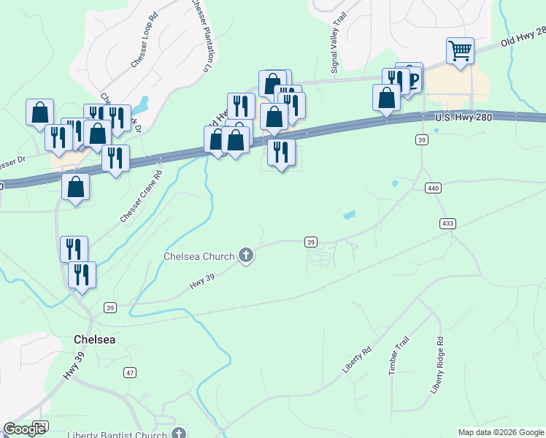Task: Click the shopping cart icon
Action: click(x=460, y=51)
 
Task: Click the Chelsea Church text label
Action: click(x=199, y=256)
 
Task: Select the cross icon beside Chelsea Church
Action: click(x=247, y=255)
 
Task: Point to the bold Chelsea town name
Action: click(x=95, y=339)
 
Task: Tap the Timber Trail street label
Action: click(x=399, y=356)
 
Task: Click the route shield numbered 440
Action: click(x=434, y=188)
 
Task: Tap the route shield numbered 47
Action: click(x=130, y=372)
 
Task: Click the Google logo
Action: click(x=24, y=429)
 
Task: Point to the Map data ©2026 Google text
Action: click(x=500, y=432)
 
